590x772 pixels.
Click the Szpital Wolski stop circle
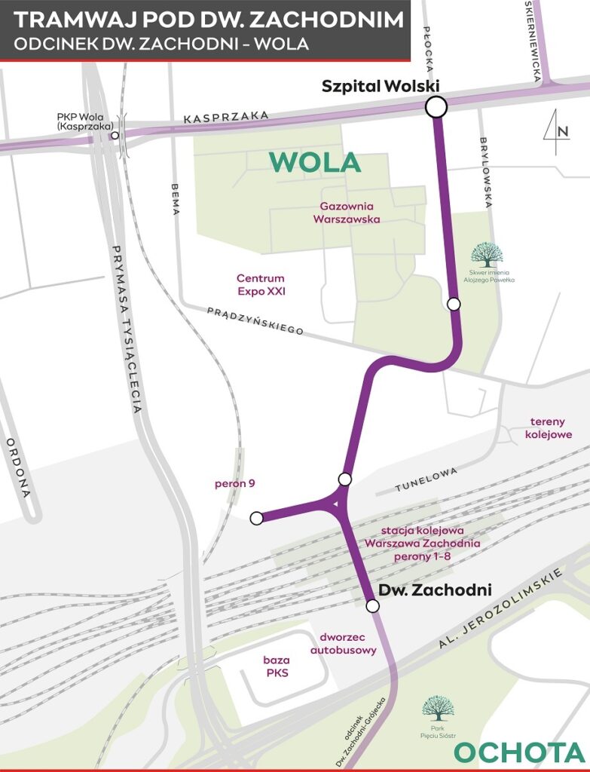click(436, 107)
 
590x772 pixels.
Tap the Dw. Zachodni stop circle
click(371, 606)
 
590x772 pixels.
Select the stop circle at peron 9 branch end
click(256, 518)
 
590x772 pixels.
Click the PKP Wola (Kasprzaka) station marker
click(115, 136)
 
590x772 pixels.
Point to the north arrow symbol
click(554, 132)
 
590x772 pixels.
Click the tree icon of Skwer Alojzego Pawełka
click(488, 255)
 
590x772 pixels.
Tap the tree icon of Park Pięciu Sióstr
click(438, 708)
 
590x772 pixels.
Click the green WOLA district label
click(315, 162)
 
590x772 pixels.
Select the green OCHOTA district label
click(520, 752)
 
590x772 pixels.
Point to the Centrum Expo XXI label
click(261, 284)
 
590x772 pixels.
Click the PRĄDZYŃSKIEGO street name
click(255, 320)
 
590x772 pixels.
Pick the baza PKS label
click(277, 666)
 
